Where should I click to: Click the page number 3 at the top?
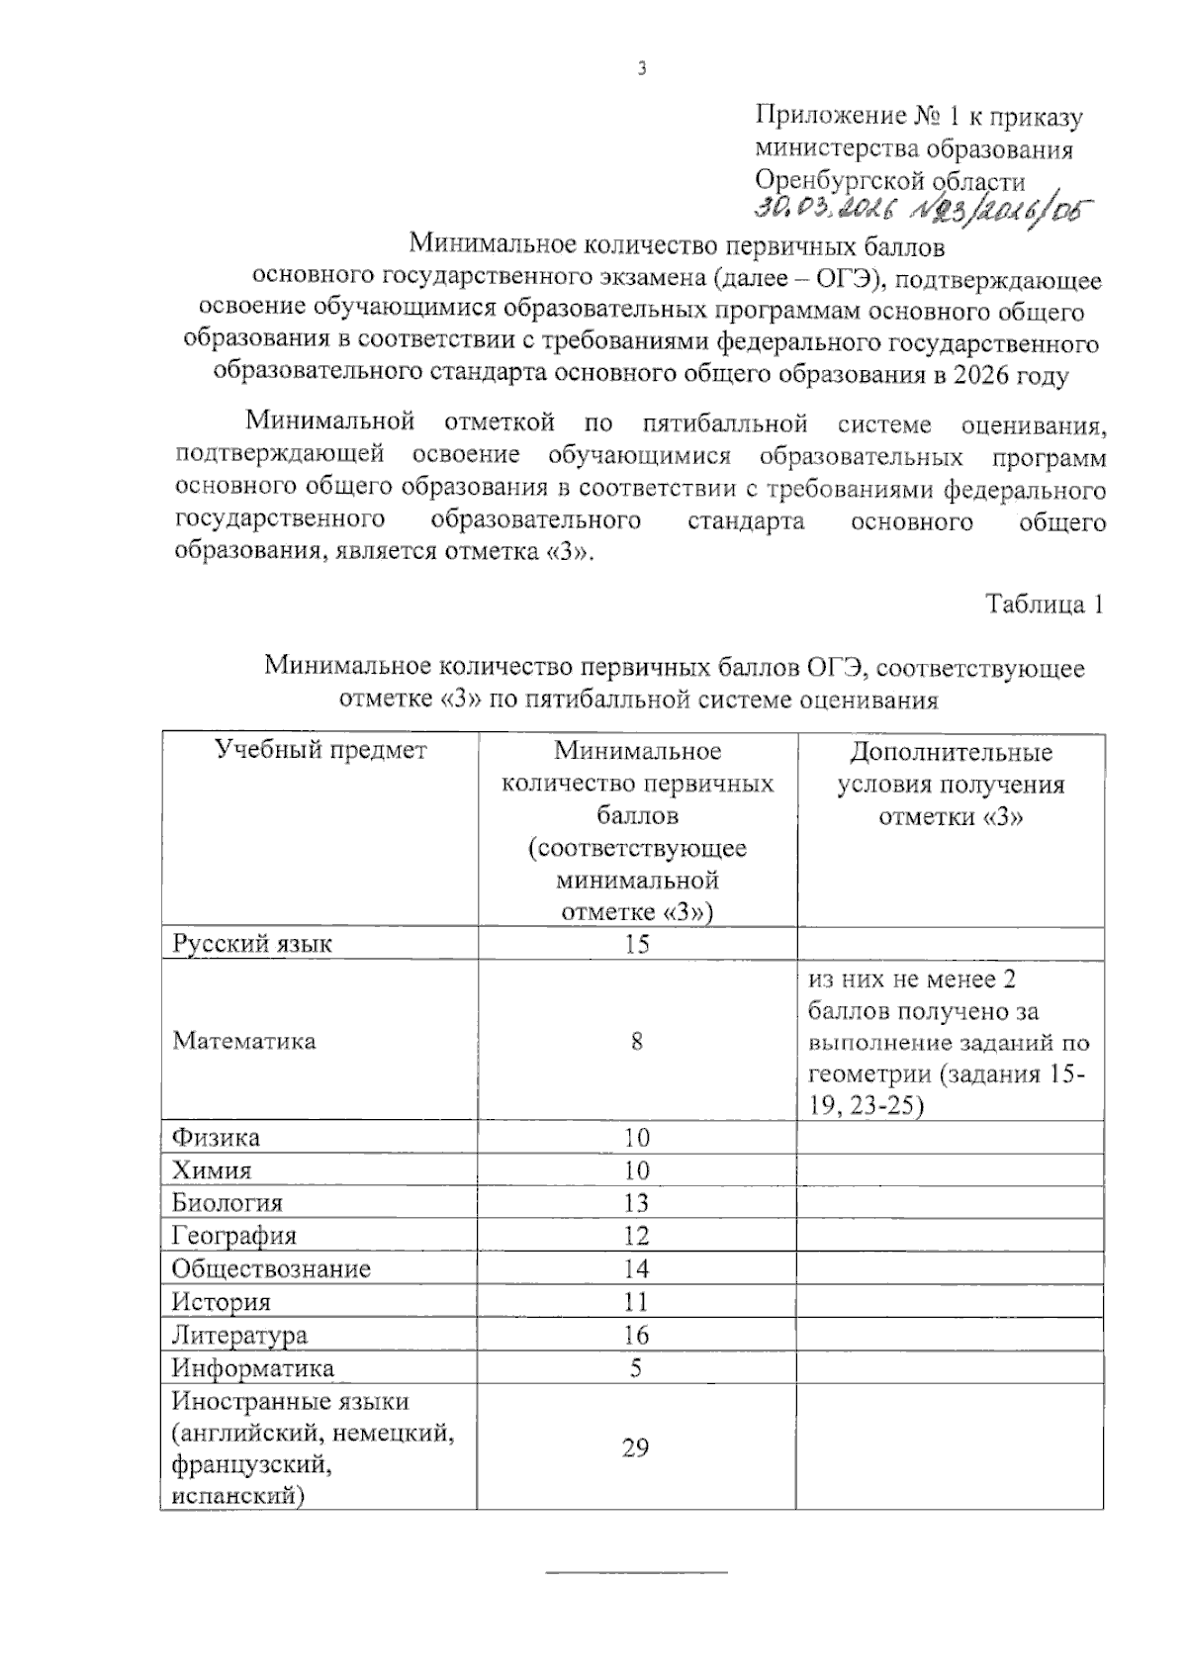(x=642, y=68)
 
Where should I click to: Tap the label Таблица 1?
(x=1044, y=604)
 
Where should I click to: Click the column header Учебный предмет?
(x=320, y=750)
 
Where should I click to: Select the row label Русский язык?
(x=252, y=943)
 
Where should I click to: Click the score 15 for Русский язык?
(x=636, y=943)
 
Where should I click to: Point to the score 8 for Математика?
(x=636, y=1041)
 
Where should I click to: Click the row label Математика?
(x=244, y=1041)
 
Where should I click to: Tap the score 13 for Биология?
(x=636, y=1203)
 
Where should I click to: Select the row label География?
(x=234, y=1236)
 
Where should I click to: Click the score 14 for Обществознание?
(x=636, y=1268)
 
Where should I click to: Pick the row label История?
(x=222, y=1302)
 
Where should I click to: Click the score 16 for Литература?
(x=636, y=1335)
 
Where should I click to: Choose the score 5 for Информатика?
(x=636, y=1368)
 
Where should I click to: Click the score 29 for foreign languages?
(x=636, y=1448)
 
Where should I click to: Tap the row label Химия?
(x=212, y=1170)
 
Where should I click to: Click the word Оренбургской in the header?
(x=826, y=181)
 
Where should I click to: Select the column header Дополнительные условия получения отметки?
(x=950, y=784)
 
